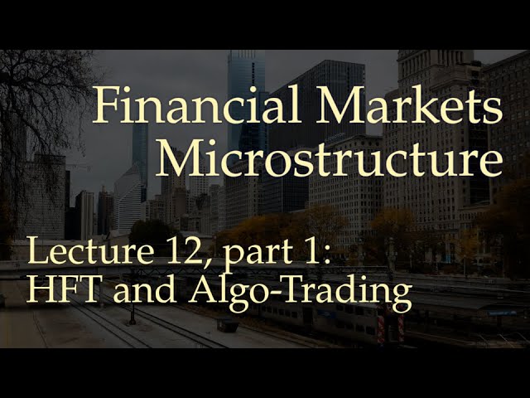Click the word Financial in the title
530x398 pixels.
coord(197,107)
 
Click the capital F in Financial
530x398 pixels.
coord(104,107)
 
